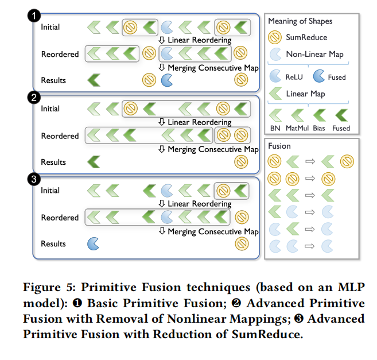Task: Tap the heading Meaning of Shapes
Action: pos(300,21)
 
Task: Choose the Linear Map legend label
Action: pos(305,94)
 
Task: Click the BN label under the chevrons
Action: pos(275,128)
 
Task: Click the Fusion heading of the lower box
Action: pos(279,146)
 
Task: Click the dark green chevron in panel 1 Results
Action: pos(92,80)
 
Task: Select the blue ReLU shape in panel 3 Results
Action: pos(92,244)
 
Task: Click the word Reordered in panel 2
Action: pos(60,136)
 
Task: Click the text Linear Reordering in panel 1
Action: pos(199,40)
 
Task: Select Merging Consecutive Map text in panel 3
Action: pos(213,231)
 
